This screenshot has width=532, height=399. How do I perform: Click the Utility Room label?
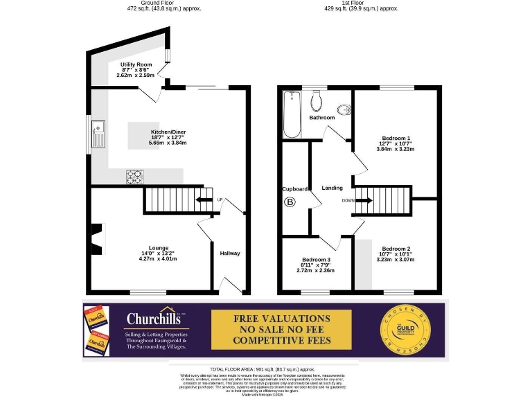point(136,64)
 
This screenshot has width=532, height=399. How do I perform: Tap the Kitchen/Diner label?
point(168,132)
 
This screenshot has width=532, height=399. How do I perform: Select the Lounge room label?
point(159,248)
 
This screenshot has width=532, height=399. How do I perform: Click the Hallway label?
point(230,254)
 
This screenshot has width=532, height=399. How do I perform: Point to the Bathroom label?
point(322,118)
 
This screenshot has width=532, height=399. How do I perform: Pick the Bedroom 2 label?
point(396,249)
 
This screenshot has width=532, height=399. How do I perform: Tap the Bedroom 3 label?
point(315,260)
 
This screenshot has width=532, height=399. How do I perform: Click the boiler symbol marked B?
point(290,202)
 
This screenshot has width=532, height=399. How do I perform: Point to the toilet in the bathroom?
point(317,103)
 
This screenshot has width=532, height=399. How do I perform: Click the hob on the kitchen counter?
point(134,177)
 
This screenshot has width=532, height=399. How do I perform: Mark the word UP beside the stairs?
point(220,200)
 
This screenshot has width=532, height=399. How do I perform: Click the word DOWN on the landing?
point(349,201)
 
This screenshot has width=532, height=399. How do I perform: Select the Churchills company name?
point(153,319)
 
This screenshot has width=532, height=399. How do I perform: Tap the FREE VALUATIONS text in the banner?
point(282,319)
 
